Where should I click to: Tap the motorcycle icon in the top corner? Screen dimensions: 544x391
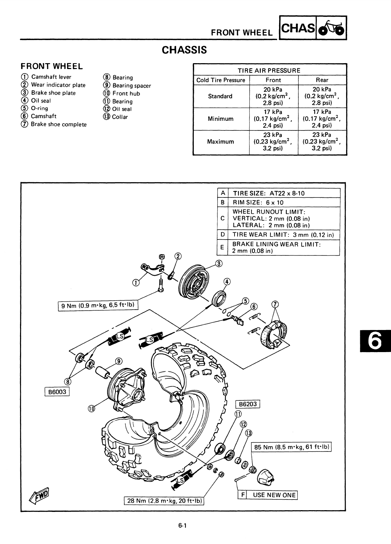331,28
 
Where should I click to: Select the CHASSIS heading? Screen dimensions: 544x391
184,50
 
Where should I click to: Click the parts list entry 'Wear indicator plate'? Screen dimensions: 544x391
58,85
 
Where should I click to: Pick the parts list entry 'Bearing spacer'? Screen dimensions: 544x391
132,86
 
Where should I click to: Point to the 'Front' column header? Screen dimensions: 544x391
273,80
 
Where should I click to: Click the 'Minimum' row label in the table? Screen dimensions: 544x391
220,119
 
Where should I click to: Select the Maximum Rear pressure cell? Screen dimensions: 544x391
322,142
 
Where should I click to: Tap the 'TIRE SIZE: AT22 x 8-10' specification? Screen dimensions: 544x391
269,193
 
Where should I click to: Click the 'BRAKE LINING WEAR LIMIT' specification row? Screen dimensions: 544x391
276,247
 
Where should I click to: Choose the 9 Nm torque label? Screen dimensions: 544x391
98,305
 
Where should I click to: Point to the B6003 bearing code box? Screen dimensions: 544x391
57,392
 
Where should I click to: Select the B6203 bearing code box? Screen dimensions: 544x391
247,404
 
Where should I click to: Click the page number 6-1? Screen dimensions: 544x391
183,526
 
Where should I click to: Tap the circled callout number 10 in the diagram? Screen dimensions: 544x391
91,409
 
